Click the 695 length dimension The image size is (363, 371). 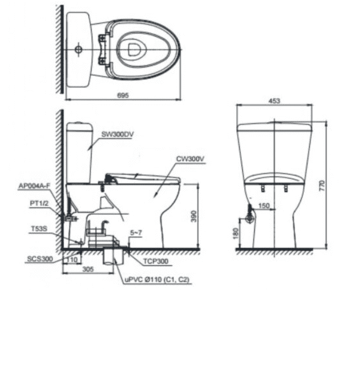pos(123,95)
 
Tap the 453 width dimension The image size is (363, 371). pos(274,101)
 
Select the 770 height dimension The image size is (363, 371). pos(322,186)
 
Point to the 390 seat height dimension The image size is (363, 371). pos(193,216)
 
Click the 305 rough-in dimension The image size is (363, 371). pos(88,269)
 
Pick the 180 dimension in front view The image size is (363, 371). pos(236,233)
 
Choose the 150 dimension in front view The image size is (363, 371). pos(264,206)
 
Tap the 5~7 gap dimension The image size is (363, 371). pos(136,233)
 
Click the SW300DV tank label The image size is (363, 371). pos(117,134)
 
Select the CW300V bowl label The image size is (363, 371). pos(190,159)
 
